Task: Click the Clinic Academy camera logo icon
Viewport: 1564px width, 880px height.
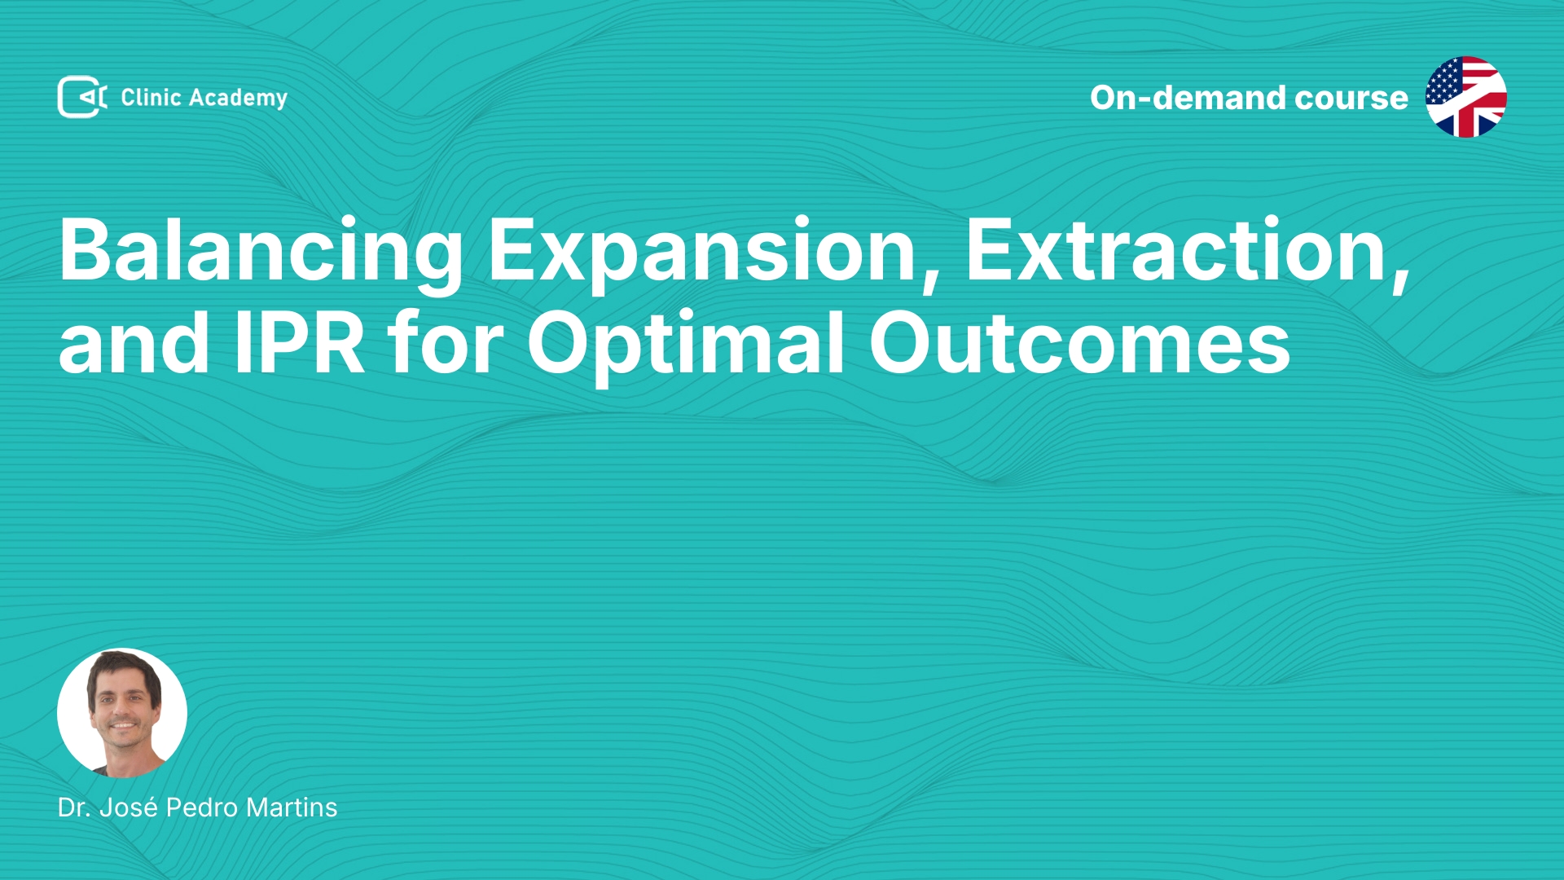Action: pyautogui.click(x=82, y=97)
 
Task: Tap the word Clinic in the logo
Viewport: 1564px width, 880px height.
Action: pyautogui.click(x=151, y=98)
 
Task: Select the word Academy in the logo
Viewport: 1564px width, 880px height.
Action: pyautogui.click(x=239, y=99)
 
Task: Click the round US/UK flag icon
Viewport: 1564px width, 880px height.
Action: pyautogui.click(x=1466, y=97)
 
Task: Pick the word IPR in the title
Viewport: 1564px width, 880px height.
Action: pyautogui.click(x=299, y=343)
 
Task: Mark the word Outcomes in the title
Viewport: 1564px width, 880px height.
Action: pyautogui.click(x=1080, y=343)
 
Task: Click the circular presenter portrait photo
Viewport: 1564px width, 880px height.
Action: pyautogui.click(x=122, y=713)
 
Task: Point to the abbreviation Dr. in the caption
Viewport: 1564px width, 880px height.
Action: pyautogui.click(x=74, y=807)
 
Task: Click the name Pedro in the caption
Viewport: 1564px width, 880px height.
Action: pyautogui.click(x=202, y=807)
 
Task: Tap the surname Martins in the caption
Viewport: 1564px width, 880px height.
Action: pyautogui.click(x=292, y=807)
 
